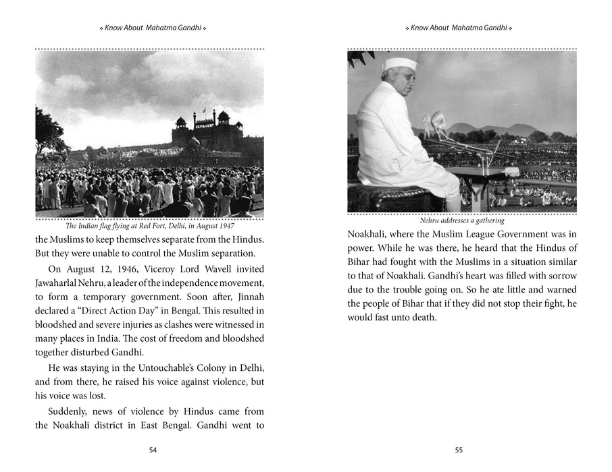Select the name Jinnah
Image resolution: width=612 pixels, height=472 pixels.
tap(247, 299)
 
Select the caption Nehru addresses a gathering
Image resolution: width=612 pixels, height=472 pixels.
tap(462, 220)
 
